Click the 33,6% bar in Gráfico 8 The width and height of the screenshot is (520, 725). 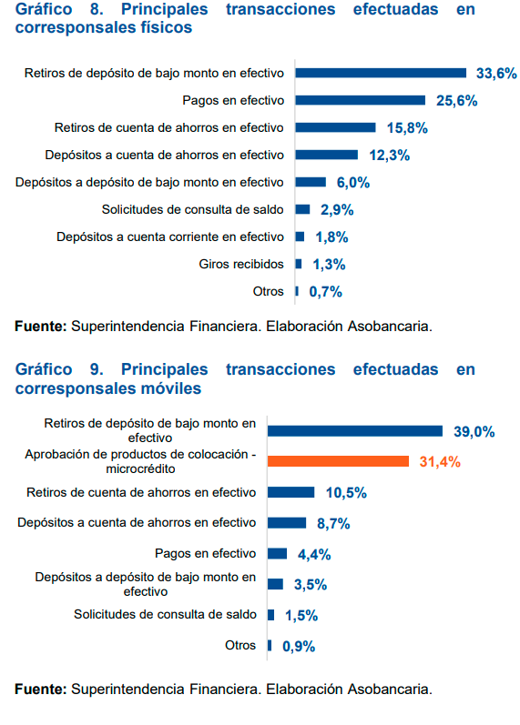(x=381, y=74)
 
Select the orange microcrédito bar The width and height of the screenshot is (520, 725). (x=338, y=461)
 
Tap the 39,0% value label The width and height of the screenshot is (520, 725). (x=474, y=432)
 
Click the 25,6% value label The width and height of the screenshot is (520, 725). (x=456, y=101)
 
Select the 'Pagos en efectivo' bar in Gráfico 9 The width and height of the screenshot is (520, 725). (x=278, y=554)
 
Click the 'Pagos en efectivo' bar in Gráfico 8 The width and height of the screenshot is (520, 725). (x=360, y=100)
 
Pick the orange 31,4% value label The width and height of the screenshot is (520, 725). (x=439, y=462)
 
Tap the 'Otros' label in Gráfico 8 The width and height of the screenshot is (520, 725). (x=268, y=291)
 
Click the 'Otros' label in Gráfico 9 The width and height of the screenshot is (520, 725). (x=240, y=645)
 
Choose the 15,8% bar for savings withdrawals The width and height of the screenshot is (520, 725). (x=335, y=127)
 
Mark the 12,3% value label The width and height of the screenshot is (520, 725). (x=391, y=156)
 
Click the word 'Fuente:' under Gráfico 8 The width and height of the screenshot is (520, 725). (x=40, y=325)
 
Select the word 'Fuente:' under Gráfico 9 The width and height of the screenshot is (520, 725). (x=40, y=689)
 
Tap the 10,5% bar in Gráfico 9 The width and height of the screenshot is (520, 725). (x=291, y=492)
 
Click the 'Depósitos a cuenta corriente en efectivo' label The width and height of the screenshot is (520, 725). (x=169, y=237)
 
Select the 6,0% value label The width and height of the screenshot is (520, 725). (x=352, y=183)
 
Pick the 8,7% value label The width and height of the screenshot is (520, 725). (x=333, y=524)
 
